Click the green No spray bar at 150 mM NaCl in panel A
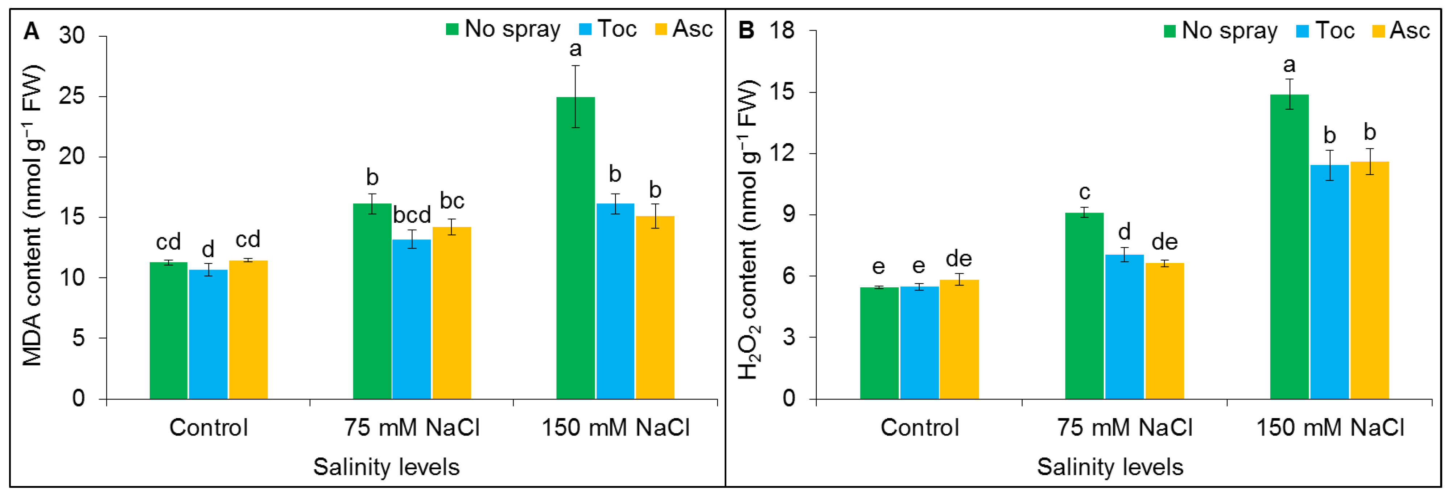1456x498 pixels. tap(576, 249)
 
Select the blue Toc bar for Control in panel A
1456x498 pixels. tap(208, 334)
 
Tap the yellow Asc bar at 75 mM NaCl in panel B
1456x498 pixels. tap(1164, 331)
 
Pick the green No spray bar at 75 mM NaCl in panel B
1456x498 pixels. tap(1084, 305)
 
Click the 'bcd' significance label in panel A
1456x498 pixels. tap(412, 216)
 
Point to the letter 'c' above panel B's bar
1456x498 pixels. tap(1084, 193)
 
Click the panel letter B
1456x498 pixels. tap(746, 30)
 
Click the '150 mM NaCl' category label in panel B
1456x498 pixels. tap(1329, 427)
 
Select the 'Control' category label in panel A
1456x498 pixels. tap(209, 427)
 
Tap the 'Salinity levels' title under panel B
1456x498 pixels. tap(1110, 467)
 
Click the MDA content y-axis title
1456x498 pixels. tap(32, 215)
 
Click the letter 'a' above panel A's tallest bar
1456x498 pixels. tap(576, 50)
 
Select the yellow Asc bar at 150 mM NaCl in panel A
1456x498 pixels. tap(655, 308)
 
